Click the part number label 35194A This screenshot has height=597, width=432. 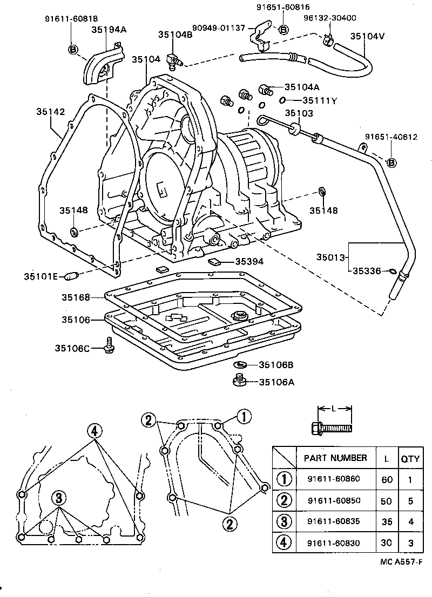(109, 30)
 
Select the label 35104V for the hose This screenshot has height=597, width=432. (367, 36)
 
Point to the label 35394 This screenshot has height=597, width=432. (249, 262)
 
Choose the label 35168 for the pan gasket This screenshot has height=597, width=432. (75, 297)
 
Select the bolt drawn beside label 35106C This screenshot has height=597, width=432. (109, 345)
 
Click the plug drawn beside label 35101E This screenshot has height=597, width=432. (71, 276)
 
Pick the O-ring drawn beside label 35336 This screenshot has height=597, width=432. (392, 270)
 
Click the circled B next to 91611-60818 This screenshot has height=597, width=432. (73, 49)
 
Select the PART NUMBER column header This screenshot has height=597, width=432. (335, 458)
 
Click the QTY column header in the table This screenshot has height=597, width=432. (410, 459)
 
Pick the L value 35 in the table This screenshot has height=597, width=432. (386, 521)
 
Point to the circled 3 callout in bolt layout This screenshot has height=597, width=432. (59, 498)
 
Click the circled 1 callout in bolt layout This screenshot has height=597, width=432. (244, 416)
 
